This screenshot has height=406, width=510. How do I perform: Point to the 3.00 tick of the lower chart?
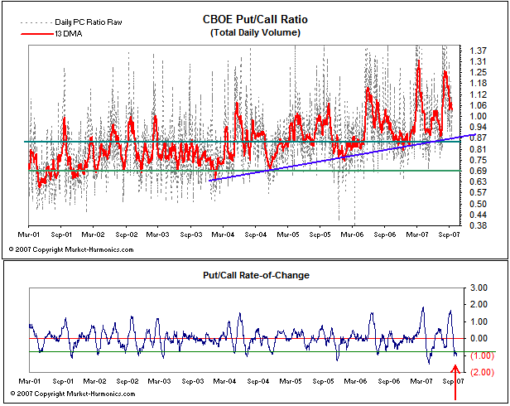click(x=479, y=287)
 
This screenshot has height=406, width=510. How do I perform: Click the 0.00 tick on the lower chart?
click(x=479, y=338)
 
